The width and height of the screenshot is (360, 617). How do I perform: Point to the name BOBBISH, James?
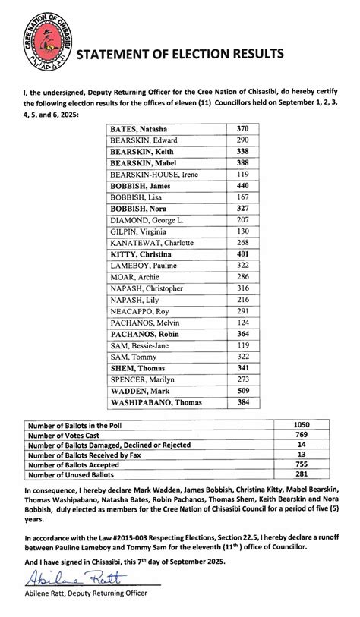[x=141, y=186]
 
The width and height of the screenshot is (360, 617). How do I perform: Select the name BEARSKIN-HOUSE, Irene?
[x=150, y=175]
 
